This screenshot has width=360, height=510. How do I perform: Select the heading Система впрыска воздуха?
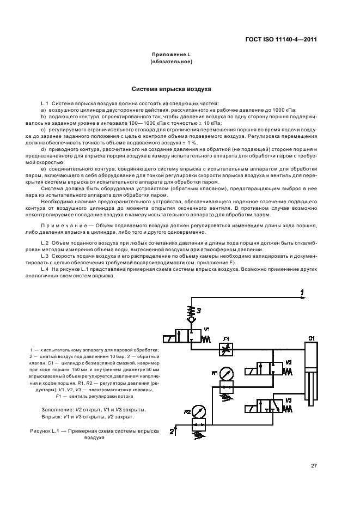(x=172, y=88)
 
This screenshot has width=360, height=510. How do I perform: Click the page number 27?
(x=314, y=465)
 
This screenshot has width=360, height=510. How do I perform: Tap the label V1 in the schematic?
(x=206, y=330)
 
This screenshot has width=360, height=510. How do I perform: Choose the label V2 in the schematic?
(x=288, y=362)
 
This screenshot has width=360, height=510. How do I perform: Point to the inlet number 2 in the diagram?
(x=172, y=432)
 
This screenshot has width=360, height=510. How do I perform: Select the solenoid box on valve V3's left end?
(x=252, y=409)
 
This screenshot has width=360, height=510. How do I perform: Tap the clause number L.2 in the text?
(x=45, y=241)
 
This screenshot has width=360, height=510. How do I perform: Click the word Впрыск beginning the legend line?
(x=51, y=417)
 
